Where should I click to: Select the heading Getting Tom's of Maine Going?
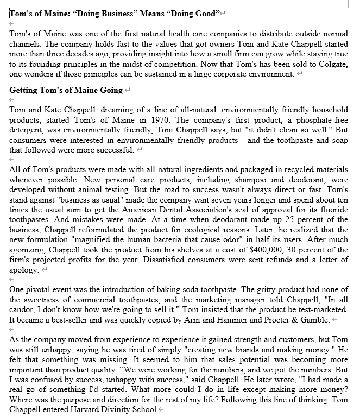66,90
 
